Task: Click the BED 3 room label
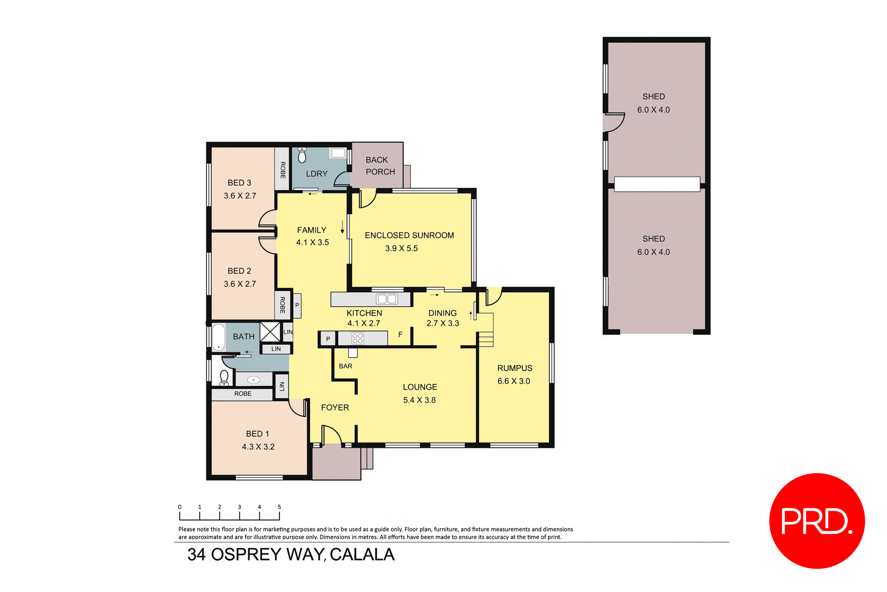click(x=239, y=183)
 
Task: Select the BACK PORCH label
click(x=380, y=166)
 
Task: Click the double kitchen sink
click(x=387, y=299)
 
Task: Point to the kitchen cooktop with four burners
click(x=358, y=338)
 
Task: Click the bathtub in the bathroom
click(x=219, y=337)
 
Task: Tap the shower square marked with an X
click(x=270, y=332)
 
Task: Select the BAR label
click(x=345, y=366)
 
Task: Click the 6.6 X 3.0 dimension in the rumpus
click(x=514, y=381)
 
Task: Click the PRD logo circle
click(x=816, y=521)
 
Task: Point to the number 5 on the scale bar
click(x=279, y=507)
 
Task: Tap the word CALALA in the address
click(x=362, y=555)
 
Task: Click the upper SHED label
click(x=653, y=97)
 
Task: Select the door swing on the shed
click(x=614, y=122)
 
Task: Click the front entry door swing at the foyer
click(x=331, y=435)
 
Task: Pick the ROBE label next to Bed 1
click(x=243, y=394)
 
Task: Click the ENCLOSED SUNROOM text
click(x=409, y=236)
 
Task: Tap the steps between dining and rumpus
click(x=486, y=338)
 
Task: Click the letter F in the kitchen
click(x=400, y=334)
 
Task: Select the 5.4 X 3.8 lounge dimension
click(x=419, y=400)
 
